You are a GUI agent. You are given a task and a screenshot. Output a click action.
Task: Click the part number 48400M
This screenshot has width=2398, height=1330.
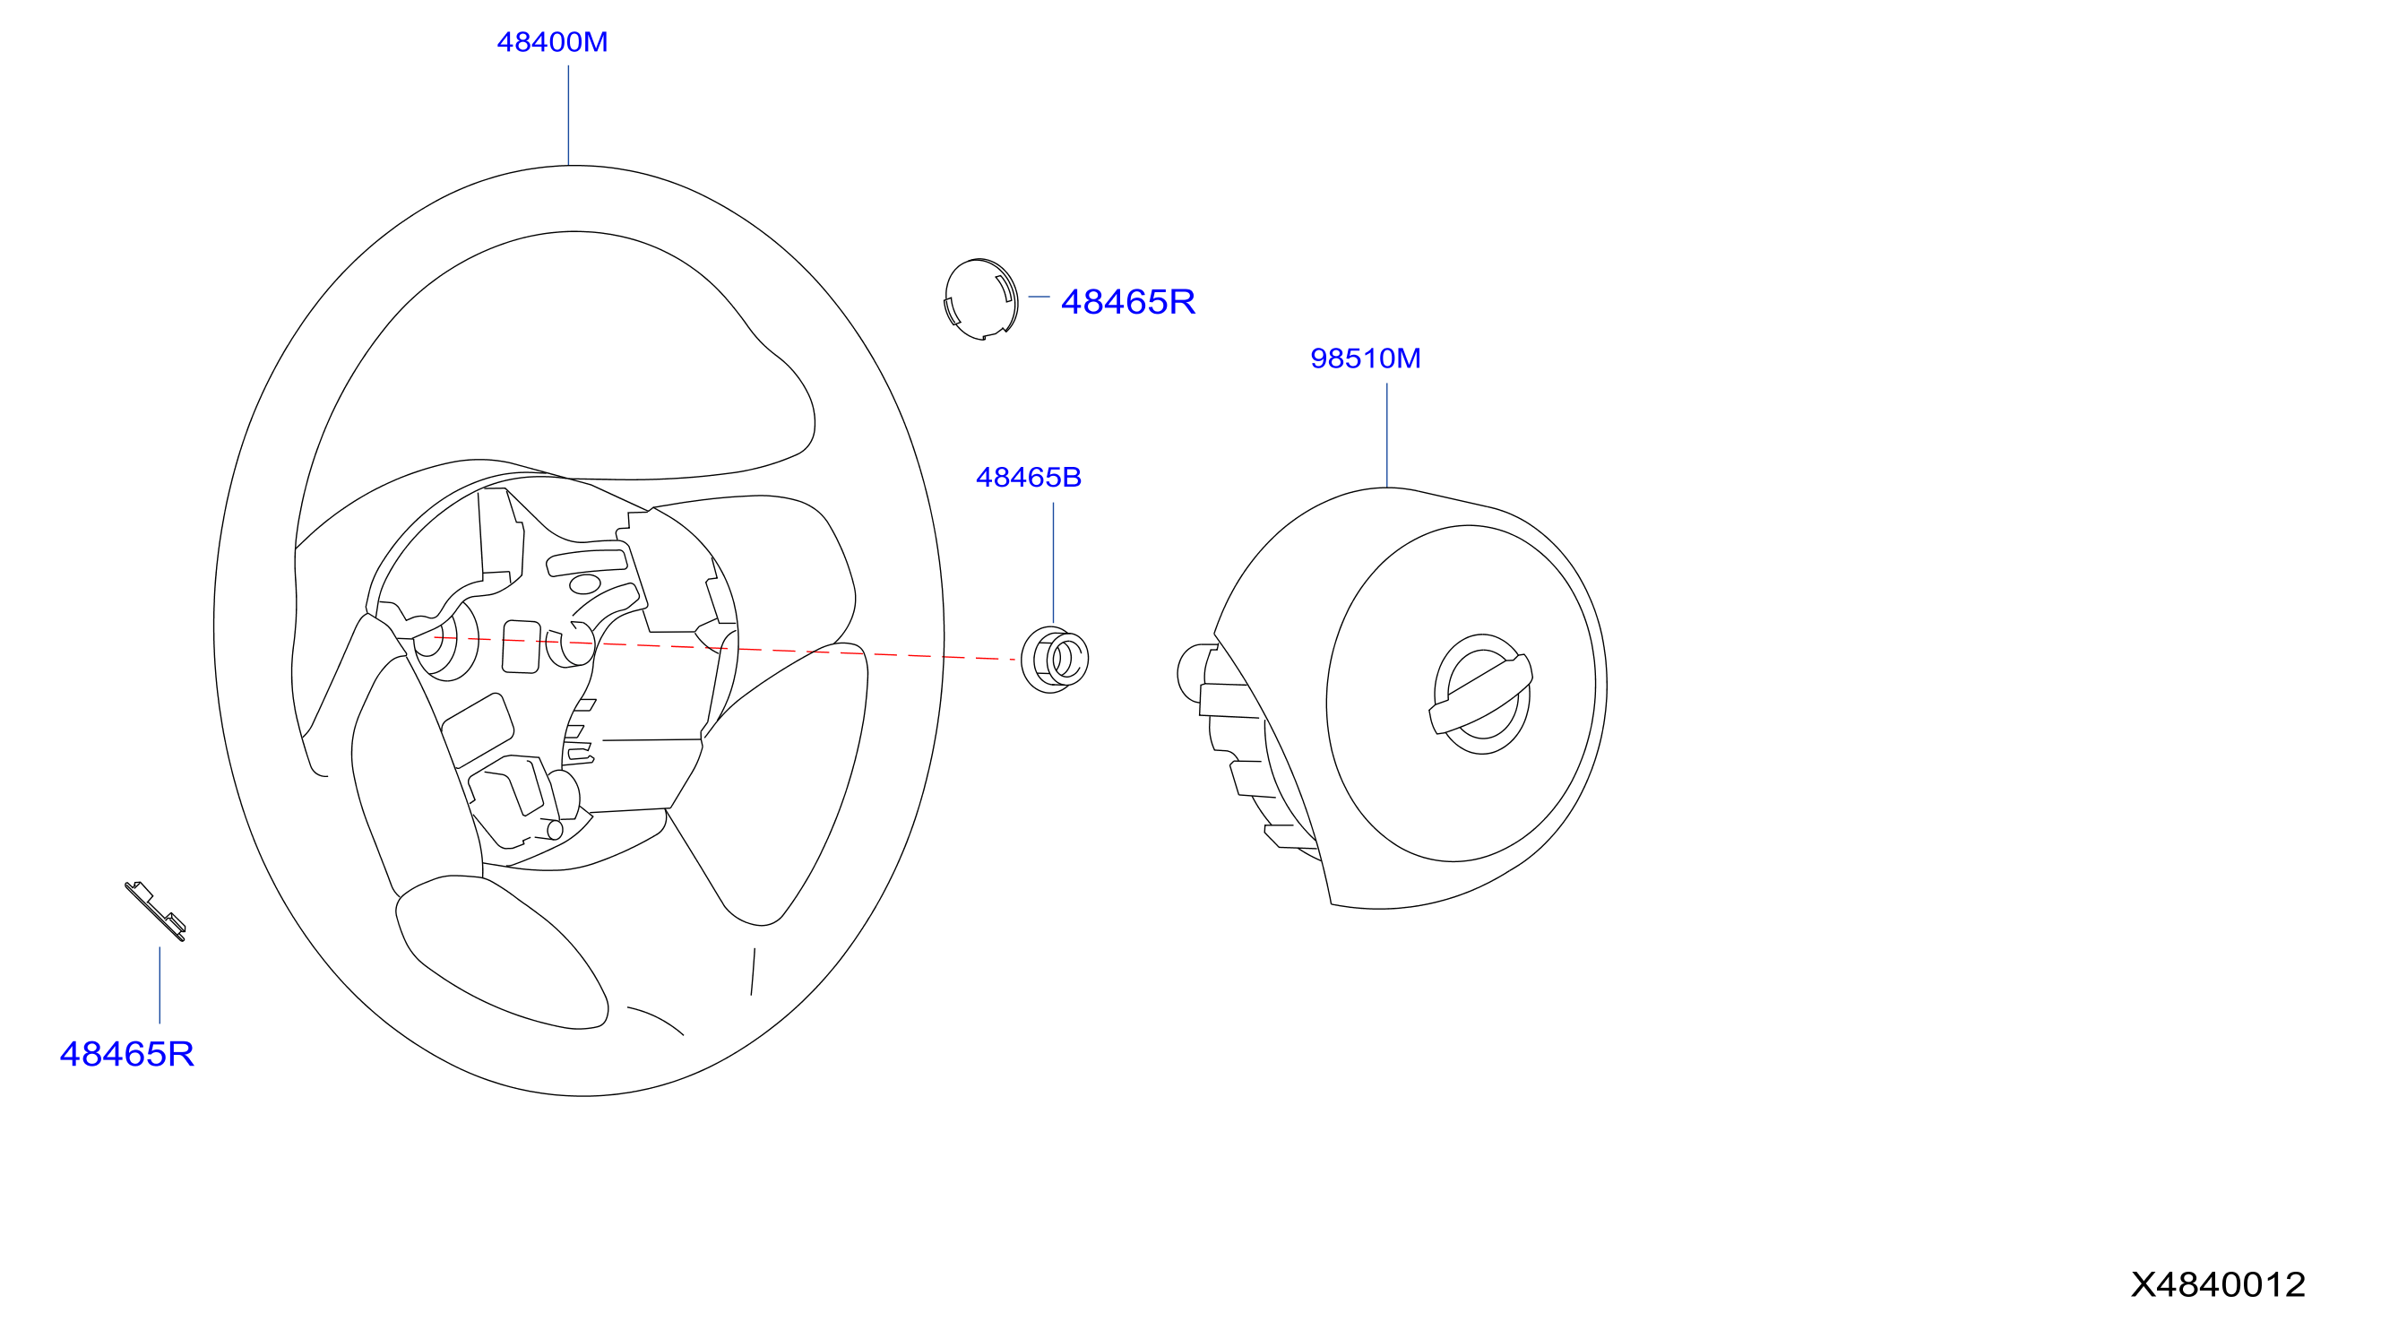click(552, 42)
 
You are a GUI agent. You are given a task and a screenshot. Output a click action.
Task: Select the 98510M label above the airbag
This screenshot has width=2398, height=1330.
click(1366, 358)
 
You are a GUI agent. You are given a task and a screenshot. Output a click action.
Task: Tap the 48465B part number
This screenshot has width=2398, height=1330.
click(1029, 478)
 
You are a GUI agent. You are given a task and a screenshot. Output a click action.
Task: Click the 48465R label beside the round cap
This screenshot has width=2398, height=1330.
click(1128, 301)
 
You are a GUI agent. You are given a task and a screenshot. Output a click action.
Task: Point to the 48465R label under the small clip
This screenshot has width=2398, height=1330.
click(126, 1054)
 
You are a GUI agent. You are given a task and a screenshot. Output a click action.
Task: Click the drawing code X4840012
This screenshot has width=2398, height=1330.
click(2219, 1284)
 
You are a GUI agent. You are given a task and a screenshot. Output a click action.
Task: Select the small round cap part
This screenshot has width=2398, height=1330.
click(981, 298)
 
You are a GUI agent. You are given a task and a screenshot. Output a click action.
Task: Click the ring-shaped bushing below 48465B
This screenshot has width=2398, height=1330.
click(1055, 660)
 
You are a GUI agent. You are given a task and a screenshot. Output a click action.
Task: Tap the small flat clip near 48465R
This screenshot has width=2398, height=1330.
click(155, 911)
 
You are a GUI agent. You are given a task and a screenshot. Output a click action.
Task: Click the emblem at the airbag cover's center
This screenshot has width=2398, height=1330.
click(1481, 695)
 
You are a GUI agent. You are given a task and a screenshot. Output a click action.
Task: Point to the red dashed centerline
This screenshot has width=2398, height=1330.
click(724, 648)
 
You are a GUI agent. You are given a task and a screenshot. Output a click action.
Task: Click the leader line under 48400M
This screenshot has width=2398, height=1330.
click(569, 116)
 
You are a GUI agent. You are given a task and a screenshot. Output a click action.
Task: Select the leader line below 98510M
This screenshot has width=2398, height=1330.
click(1387, 436)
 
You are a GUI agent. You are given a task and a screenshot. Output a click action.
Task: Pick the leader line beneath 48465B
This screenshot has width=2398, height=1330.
click(1054, 563)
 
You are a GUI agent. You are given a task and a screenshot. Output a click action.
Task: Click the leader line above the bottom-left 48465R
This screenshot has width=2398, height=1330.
click(160, 986)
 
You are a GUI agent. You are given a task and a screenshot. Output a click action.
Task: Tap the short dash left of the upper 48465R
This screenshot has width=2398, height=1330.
click(1039, 297)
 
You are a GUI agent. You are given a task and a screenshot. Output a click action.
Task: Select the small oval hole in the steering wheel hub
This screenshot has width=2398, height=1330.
click(584, 584)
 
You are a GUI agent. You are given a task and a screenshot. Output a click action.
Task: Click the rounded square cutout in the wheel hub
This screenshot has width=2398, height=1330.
click(522, 647)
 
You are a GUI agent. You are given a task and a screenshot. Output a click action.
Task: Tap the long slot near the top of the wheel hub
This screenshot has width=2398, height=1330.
click(587, 562)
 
